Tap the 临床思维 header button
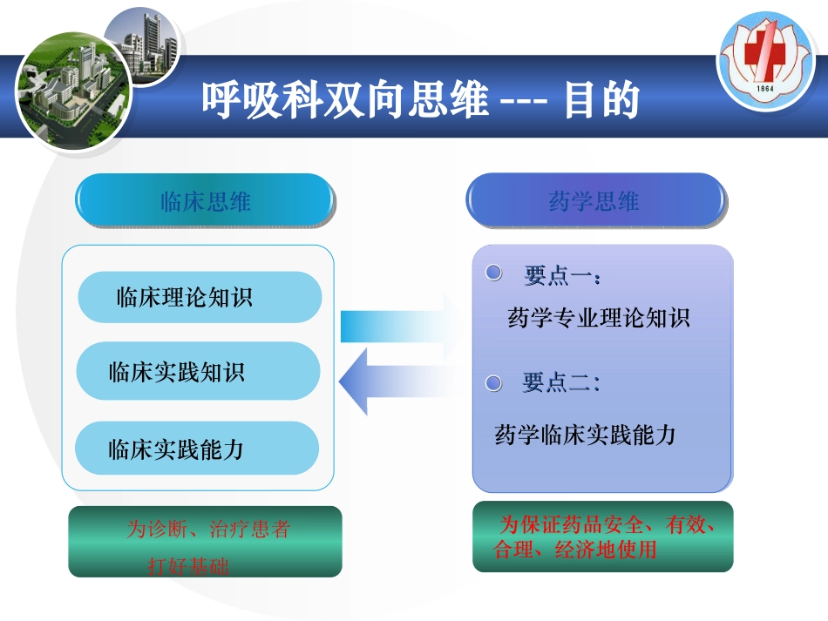pos(205,202)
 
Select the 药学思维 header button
pos(594,202)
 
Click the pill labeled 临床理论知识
pos(200,298)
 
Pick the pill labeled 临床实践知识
pos(198,372)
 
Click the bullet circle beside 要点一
pos(494,274)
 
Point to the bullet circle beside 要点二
pos(494,382)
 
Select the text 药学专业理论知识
pos(598,318)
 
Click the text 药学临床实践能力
pos(586,435)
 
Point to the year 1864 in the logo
pos(765,90)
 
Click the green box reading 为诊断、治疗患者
pos(205,542)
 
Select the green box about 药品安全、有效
pos(602,537)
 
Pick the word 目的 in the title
pos(601,100)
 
